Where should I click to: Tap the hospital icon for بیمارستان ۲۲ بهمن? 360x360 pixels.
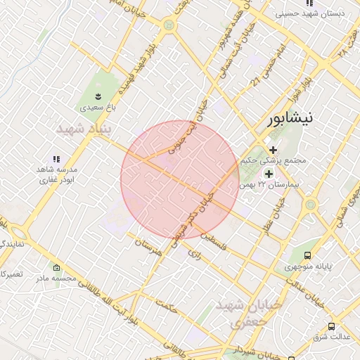268,174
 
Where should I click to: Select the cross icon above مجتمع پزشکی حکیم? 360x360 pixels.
274,149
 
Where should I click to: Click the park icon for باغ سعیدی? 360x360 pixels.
99,96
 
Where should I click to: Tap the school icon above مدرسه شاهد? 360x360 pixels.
56,160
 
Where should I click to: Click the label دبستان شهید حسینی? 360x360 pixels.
319,13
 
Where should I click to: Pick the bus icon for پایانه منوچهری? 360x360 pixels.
307,256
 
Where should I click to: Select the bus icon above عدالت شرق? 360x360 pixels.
331,326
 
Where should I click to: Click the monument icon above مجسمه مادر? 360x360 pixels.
57,268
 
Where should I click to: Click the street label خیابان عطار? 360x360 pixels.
278,210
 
